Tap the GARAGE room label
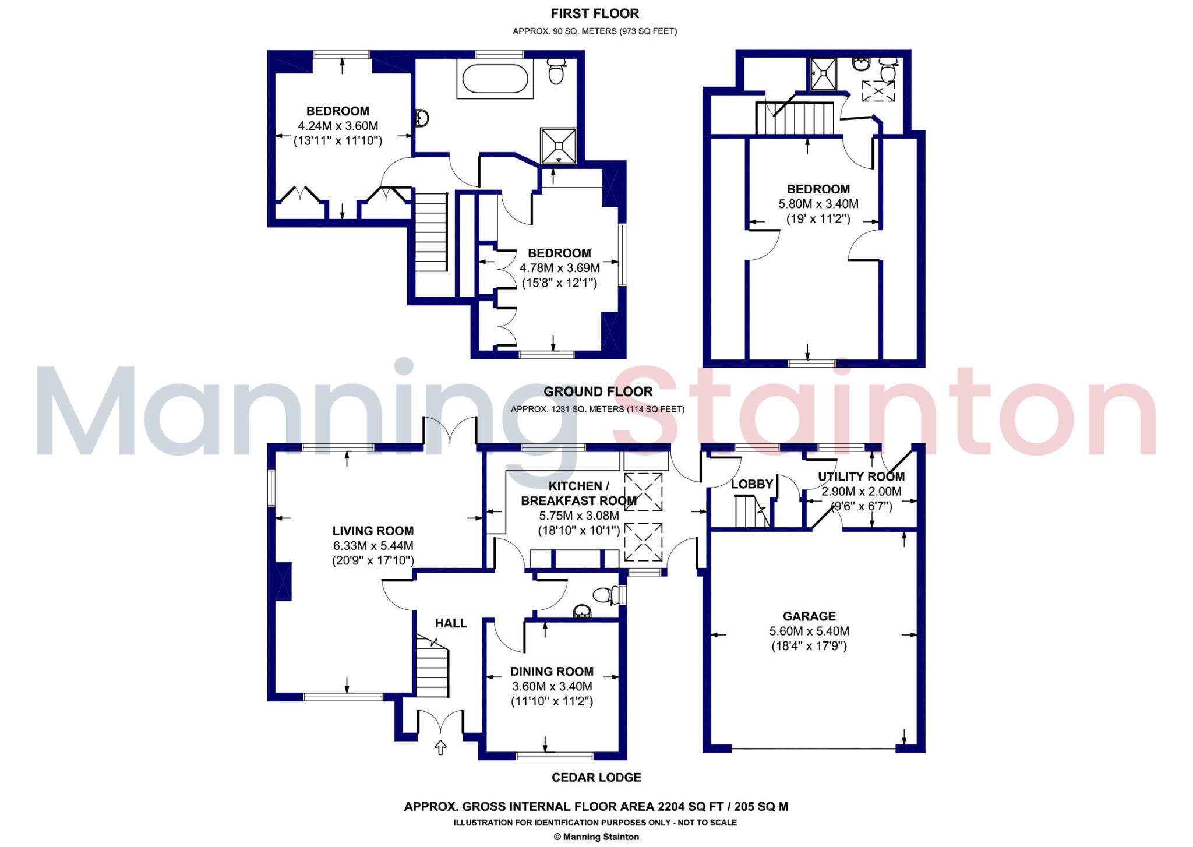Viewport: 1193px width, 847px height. [x=809, y=616]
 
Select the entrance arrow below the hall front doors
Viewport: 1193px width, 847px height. [x=440, y=747]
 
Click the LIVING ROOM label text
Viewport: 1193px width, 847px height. [x=373, y=531]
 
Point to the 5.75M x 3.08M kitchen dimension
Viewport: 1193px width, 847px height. [x=578, y=516]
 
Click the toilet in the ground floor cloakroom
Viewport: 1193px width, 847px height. [x=605, y=595]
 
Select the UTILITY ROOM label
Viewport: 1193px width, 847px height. [x=861, y=477]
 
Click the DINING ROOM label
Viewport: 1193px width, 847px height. [x=552, y=671]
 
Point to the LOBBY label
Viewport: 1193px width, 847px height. [x=751, y=484]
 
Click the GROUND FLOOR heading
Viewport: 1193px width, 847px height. [x=598, y=391]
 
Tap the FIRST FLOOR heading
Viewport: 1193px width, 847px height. [x=595, y=13]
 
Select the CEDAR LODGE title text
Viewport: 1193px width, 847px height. [x=596, y=777]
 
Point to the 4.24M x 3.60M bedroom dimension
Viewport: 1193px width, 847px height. [x=338, y=126]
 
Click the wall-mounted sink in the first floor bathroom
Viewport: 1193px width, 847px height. [x=422, y=118]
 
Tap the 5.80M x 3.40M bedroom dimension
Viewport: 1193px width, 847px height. [x=818, y=204]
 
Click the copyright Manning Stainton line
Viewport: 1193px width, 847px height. [x=596, y=837]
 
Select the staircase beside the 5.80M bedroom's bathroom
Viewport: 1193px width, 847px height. [x=796, y=118]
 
